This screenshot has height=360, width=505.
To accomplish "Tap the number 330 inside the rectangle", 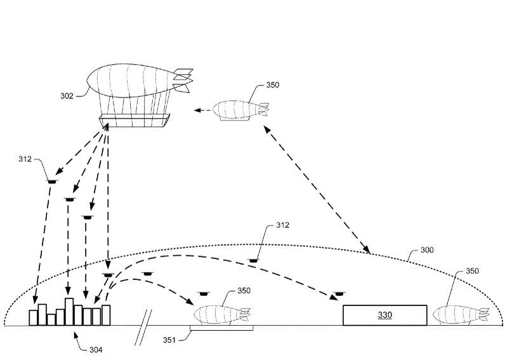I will click(x=385, y=315).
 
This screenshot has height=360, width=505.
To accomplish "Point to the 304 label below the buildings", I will click(x=95, y=349).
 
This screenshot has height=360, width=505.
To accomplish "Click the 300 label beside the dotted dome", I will click(x=427, y=250).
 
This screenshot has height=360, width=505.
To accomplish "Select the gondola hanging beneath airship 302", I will click(x=135, y=120).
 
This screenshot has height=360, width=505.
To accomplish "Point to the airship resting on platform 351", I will click(x=221, y=314).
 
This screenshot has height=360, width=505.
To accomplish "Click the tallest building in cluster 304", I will click(x=69, y=311).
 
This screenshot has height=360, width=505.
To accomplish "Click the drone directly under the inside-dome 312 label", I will click(x=254, y=260).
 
